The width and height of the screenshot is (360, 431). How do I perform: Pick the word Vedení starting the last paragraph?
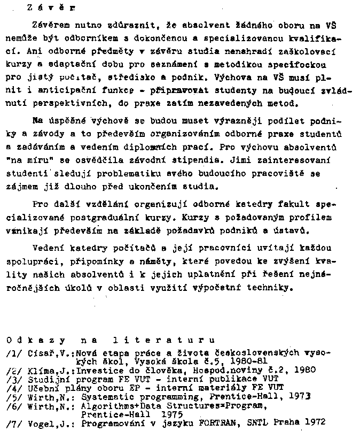[x=48, y=248]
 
